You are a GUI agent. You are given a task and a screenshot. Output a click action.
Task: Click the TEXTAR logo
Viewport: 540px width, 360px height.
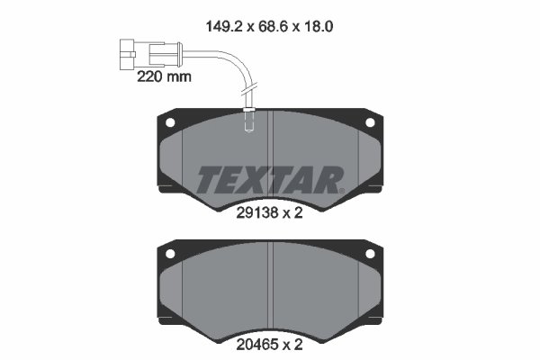270,179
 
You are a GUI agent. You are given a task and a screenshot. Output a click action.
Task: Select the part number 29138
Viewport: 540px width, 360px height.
255,215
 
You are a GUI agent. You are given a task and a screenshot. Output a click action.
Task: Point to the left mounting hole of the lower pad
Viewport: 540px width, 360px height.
170,255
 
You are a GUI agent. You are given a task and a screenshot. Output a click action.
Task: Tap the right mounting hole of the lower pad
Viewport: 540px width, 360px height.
369,255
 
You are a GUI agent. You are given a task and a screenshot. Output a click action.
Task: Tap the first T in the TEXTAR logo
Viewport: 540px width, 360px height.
208,179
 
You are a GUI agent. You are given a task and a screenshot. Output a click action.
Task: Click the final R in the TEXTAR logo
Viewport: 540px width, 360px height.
329,179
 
